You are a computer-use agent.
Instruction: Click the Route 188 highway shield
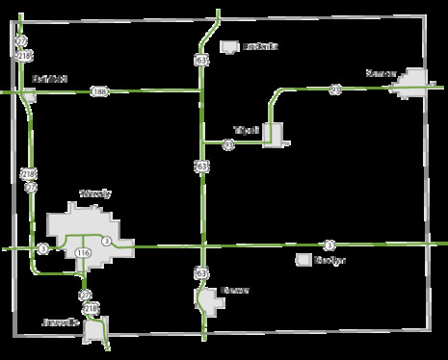click(98, 91)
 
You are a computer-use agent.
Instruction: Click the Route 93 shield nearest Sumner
click(335, 90)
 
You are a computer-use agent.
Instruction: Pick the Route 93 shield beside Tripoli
click(228, 145)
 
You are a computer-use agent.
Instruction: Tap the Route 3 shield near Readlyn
click(329, 244)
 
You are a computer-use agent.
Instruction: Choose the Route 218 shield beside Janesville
click(92, 307)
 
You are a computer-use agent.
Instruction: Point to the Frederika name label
click(260, 45)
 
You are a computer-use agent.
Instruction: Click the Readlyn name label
click(330, 260)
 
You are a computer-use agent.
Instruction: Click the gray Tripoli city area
click(273, 136)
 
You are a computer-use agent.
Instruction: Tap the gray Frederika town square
click(229, 45)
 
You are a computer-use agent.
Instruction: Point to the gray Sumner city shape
click(413, 82)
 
